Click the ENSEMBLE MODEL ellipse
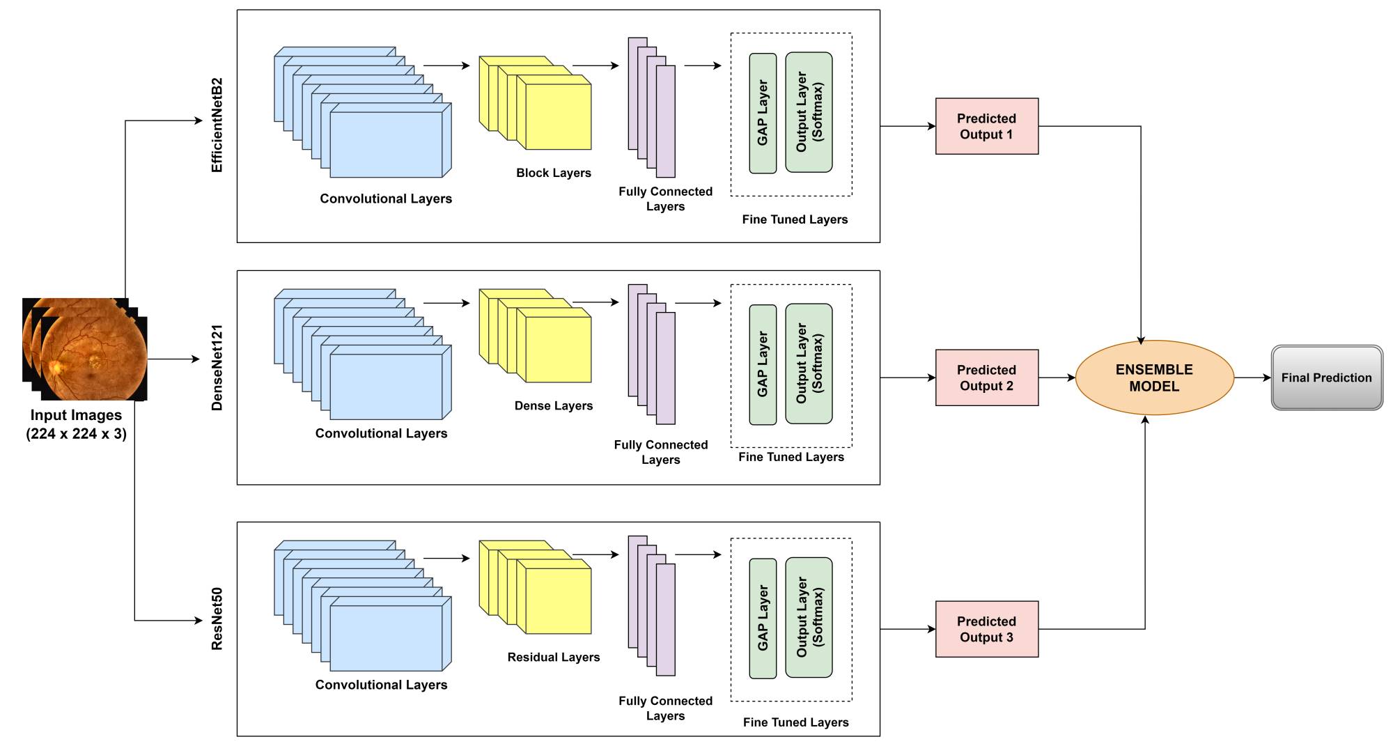(1154, 378)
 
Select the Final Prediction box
(1326, 378)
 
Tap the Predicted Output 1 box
(986, 126)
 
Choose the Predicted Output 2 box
(986, 378)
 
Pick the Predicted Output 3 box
(986, 629)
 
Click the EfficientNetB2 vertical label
(217, 125)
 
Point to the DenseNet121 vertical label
(217, 368)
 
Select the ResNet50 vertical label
(217, 619)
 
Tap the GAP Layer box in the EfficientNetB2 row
(763, 113)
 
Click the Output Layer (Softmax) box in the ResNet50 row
(809, 617)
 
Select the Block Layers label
(553, 173)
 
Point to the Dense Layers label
(553, 405)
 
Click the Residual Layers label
(553, 657)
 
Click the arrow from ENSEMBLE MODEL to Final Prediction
(1252, 378)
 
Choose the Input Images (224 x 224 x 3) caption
(76, 424)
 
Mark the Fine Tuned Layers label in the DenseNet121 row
(791, 457)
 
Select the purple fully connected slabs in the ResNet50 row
(652, 606)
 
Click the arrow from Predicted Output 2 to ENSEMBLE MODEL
(1057, 378)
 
